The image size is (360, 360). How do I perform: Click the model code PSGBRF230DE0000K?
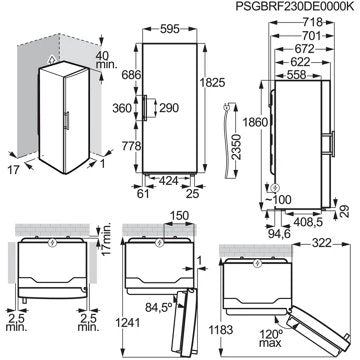pos(295,7)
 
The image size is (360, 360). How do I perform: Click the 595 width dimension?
pos(170,29)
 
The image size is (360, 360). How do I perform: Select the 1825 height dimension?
pos(214,82)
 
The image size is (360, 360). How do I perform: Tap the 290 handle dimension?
pos(169,108)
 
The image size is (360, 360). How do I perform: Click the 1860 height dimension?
pos(255,122)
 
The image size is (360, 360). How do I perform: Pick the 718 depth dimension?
pos(313,22)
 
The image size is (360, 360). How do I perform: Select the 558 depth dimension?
pos(296,75)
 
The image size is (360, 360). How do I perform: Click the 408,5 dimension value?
pos(309,222)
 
